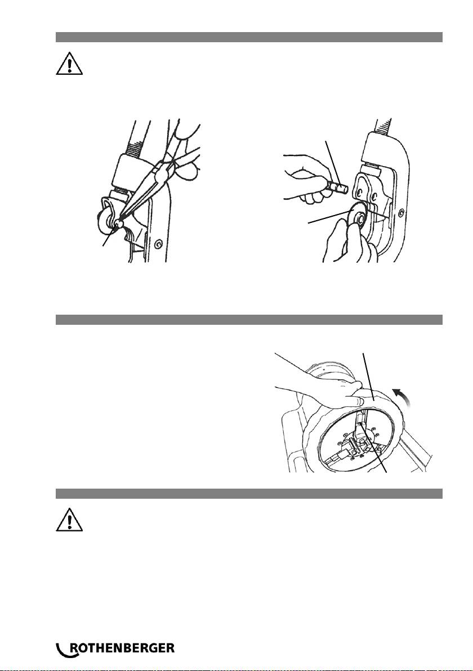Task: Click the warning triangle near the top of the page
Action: coord(69,65)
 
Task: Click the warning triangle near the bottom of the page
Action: coord(69,521)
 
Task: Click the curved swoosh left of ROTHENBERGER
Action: coord(63,649)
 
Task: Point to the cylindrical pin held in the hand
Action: coord(338,187)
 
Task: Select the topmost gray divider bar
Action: coord(249,37)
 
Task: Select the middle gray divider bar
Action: coord(249,320)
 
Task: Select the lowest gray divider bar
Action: coord(249,494)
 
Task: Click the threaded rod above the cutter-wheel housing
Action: coord(382,126)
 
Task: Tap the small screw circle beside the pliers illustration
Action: coord(158,244)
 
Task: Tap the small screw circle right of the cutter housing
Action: coord(401,213)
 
